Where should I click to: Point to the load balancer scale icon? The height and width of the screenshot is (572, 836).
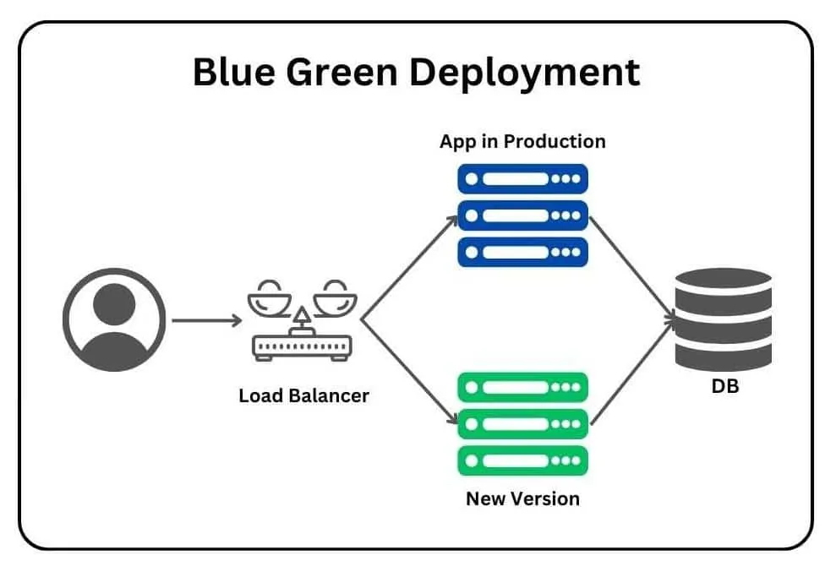302,321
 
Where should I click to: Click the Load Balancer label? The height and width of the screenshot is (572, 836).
303,395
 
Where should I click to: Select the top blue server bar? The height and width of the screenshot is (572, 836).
522,178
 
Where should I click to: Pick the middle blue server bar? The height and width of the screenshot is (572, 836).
522,215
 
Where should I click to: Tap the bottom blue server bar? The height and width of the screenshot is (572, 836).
522,251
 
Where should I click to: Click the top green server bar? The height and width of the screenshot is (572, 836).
522,387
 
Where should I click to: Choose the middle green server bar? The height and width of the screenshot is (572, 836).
522,423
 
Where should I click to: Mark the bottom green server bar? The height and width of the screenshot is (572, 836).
522,460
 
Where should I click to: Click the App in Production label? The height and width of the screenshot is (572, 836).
522,141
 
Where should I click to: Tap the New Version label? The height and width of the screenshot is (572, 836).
522,498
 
